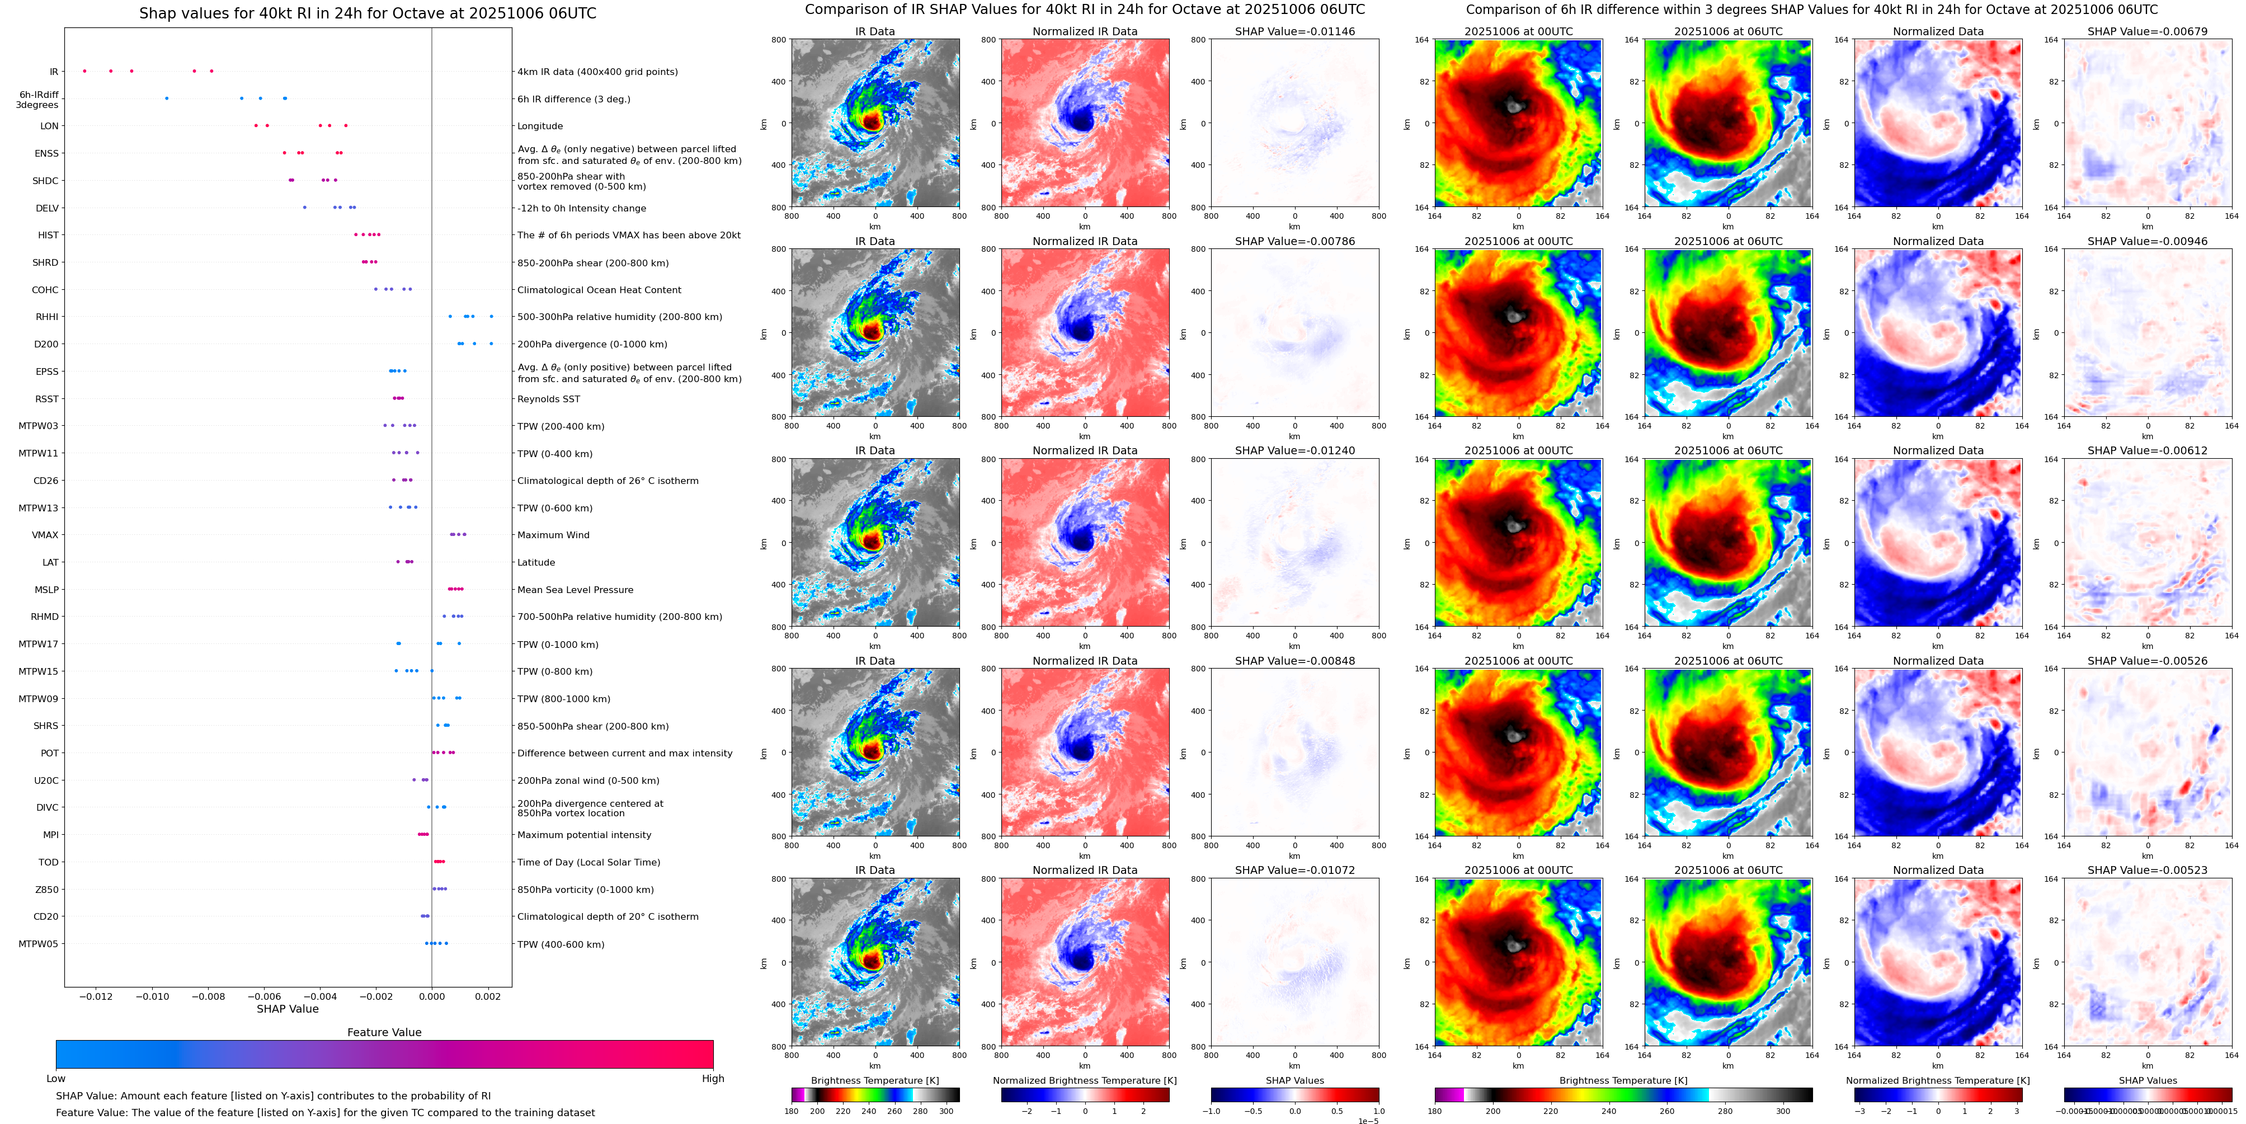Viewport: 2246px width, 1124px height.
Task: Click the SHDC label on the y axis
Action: [x=45, y=181]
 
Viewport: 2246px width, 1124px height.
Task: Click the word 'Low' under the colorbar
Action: [x=56, y=1079]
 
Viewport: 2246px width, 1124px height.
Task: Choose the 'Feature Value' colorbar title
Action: [x=384, y=1032]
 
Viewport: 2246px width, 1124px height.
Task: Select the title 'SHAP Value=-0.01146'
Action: [x=1295, y=31]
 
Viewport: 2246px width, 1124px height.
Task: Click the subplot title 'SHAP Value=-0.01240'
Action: [x=1295, y=451]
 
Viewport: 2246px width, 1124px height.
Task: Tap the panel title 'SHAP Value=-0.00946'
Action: [x=2148, y=242]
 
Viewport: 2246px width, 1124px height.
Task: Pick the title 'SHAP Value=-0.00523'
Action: [x=2148, y=870]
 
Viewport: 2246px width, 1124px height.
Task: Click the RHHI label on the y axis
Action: [x=47, y=317]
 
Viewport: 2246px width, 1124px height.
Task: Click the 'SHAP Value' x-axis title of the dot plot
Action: [x=288, y=1009]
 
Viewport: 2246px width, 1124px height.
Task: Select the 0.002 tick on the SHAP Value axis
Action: [x=488, y=996]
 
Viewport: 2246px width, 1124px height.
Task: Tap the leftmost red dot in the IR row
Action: [x=84, y=70]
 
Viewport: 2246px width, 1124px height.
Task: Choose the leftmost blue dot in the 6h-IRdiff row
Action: [x=167, y=98]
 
